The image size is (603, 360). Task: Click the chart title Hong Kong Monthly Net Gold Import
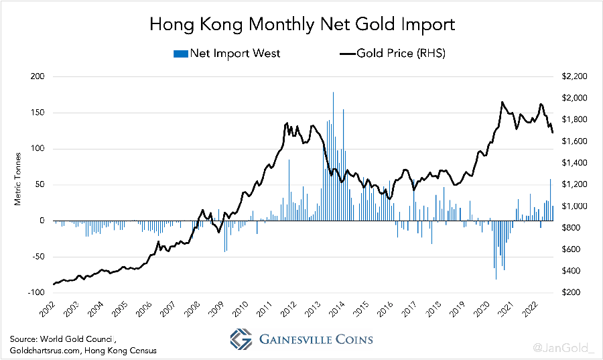[x=301, y=25]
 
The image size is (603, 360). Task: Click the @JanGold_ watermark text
[x=564, y=347]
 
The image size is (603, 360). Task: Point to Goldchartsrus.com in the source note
[x=42, y=351]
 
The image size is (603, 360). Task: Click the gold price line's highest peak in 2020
[x=502, y=103]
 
